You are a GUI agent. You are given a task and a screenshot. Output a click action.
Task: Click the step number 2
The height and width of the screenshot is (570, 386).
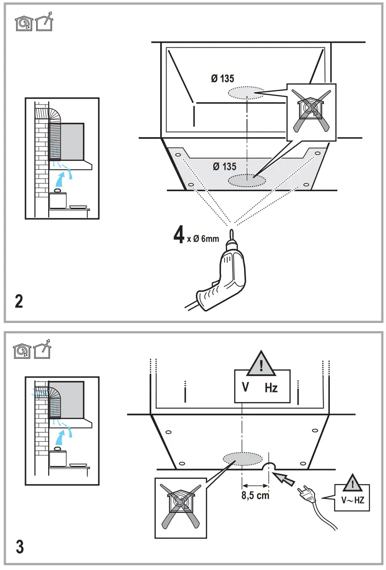coord(19,301)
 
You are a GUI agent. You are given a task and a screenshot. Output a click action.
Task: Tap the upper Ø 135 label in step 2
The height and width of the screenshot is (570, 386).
coord(222,79)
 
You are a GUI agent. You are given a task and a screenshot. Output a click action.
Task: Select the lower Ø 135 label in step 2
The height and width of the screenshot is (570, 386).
coord(224,167)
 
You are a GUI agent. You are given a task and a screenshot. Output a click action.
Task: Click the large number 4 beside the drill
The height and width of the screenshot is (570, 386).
coord(179,235)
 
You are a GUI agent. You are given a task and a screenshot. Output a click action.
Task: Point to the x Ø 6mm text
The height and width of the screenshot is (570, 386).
coord(203,239)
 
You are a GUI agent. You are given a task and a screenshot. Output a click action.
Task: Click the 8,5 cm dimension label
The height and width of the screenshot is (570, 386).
coord(255,496)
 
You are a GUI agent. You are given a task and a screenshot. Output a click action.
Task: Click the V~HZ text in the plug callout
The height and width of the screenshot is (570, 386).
coord(353,500)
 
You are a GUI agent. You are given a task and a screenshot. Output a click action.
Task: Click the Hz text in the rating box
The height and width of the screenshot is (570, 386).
coord(271,388)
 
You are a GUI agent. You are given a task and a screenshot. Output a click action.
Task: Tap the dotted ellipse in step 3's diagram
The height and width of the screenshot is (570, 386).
coord(242,458)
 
